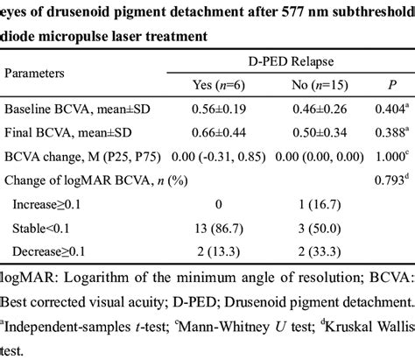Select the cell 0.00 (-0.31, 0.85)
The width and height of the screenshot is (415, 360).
tap(217, 158)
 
